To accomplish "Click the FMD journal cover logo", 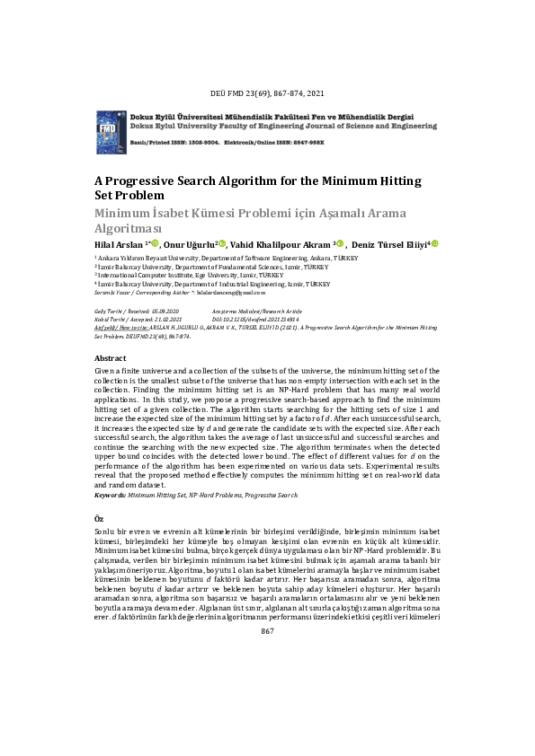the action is (108, 132).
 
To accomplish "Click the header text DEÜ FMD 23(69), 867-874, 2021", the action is (267, 92).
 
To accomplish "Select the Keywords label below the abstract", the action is (111, 495).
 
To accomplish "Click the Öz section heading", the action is (99, 520).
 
